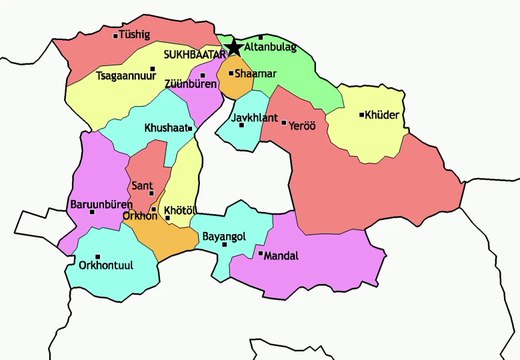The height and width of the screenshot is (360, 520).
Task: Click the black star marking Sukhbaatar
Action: pos(234,47)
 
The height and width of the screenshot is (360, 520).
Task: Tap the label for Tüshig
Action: pos(137,36)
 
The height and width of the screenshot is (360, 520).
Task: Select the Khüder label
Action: pos(384,115)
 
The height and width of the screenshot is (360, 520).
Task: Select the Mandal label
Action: pos(282,255)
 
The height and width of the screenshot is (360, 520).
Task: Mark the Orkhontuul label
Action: pos(106,266)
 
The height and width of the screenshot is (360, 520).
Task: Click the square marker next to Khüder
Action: pos(361,115)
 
